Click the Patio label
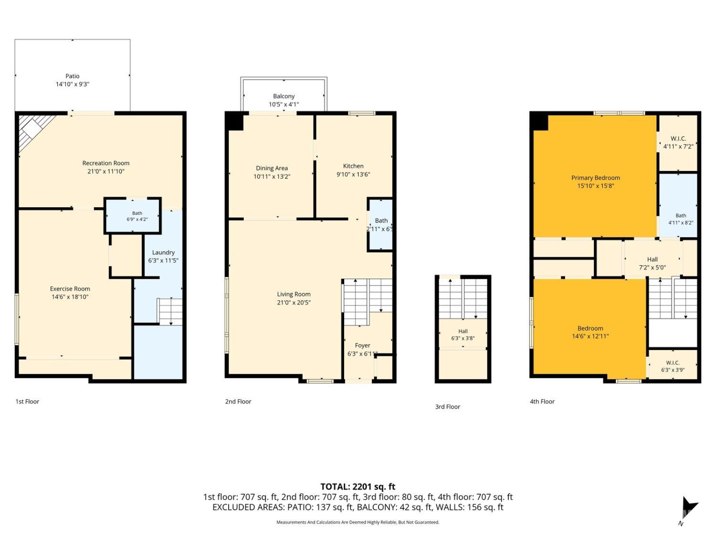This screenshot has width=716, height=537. click(73, 76)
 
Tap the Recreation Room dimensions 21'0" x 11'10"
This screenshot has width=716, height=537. click(106, 171)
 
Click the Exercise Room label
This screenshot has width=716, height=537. click(70, 289)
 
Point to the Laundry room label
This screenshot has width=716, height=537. click(163, 253)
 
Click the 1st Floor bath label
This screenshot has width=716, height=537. click(137, 213)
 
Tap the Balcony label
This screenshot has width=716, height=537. click(284, 96)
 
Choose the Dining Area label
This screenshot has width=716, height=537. click(272, 168)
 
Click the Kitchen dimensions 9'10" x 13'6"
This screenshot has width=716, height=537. click(353, 174)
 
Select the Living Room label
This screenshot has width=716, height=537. click(294, 294)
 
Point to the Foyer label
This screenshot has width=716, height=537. click(362, 345)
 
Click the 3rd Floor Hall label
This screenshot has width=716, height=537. click(463, 331)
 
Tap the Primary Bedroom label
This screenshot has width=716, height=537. click(596, 178)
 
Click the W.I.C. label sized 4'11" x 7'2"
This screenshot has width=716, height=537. click(678, 138)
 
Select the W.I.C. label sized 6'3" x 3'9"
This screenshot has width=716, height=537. click(673, 363)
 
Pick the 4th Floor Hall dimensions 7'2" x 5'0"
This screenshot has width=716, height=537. click(653, 267)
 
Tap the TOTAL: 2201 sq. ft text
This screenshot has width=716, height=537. click(358, 486)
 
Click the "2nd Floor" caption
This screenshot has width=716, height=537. click(238, 401)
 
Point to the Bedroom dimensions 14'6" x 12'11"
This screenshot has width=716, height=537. click(590, 336)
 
